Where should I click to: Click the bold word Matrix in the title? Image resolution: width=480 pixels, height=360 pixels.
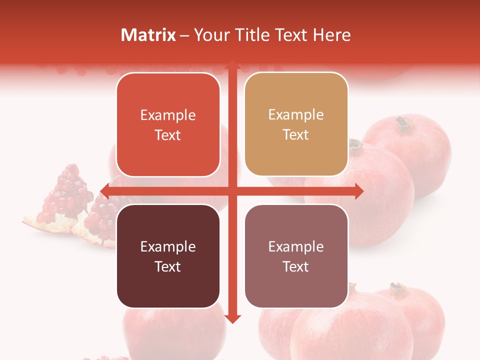148,35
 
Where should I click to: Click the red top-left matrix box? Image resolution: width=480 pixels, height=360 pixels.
168,124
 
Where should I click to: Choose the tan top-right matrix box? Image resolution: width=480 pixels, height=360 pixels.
296,124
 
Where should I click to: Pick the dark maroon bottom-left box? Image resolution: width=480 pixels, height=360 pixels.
168,256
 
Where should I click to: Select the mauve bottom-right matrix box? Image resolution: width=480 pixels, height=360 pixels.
296,256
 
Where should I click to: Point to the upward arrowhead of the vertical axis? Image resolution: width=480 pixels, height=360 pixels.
232,65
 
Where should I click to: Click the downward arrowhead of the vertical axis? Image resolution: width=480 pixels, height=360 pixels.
232,318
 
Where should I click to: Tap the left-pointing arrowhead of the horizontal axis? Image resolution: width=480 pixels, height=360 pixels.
105,191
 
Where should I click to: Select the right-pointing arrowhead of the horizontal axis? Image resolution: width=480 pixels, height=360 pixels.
358,191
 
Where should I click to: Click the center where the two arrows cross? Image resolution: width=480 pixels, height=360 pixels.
232,191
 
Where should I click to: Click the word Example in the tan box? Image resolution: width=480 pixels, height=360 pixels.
296,115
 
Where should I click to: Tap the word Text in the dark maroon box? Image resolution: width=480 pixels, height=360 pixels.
168,266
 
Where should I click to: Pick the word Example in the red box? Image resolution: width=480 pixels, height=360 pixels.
168,115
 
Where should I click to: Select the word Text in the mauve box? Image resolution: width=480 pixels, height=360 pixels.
296,266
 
